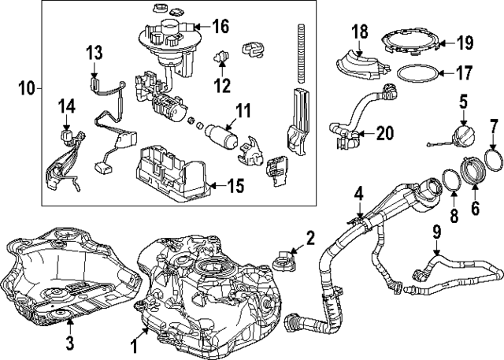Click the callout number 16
click(x=220, y=27)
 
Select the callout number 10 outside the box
click(x=27, y=88)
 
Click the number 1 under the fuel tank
click(x=134, y=345)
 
